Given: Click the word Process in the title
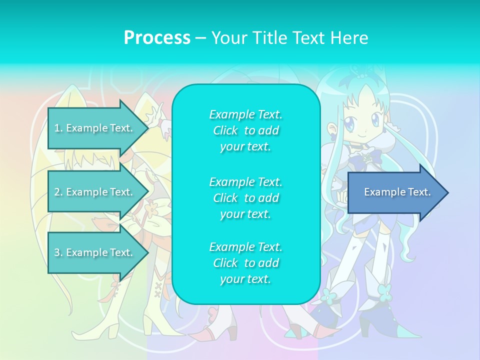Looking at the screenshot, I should click(157, 38).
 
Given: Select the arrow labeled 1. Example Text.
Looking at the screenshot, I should click(95, 128).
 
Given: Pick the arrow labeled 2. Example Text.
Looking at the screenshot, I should click(95, 192).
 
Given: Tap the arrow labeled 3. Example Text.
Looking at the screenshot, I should click(95, 252).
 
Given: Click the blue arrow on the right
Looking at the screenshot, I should click(395, 192).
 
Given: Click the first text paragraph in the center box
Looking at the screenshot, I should click(245, 130).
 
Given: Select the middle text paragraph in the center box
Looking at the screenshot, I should click(245, 198).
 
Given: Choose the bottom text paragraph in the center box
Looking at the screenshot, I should click(245, 263).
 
